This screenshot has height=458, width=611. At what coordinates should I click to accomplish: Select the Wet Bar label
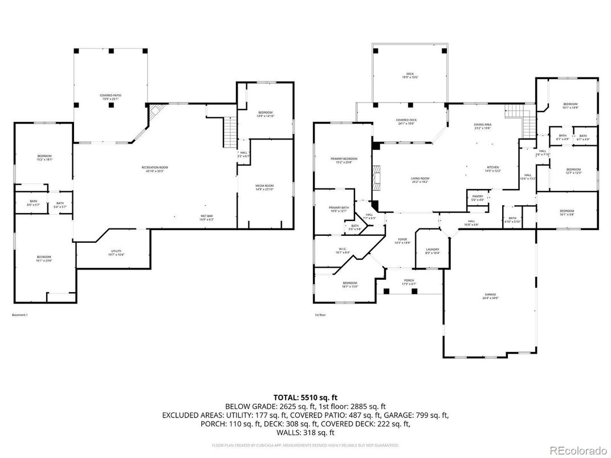[x=206, y=217]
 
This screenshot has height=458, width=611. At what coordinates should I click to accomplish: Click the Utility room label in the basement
[x=116, y=252]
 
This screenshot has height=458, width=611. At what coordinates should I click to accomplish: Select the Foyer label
[x=402, y=241]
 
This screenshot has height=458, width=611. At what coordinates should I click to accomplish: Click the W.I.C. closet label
[x=342, y=250]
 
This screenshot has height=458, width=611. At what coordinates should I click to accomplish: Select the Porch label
[x=409, y=282]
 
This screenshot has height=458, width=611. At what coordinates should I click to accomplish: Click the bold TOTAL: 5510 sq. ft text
[x=305, y=397]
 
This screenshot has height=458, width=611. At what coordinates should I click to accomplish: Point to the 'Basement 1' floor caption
[x=19, y=315]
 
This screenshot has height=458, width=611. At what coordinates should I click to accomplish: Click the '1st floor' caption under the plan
[x=320, y=315]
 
